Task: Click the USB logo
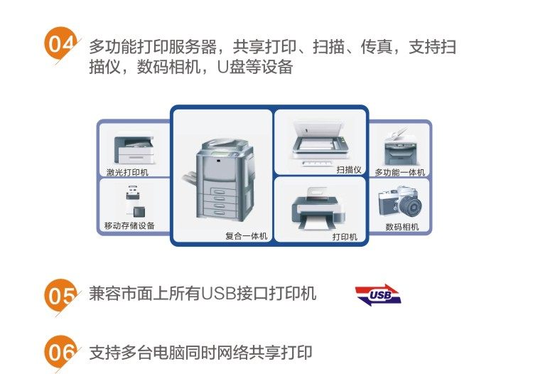click(x=379, y=294)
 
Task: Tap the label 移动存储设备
click(x=129, y=226)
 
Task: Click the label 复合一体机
click(x=246, y=235)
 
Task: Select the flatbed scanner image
click(x=320, y=141)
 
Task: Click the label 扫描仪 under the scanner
click(x=349, y=170)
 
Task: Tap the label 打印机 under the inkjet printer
click(x=345, y=236)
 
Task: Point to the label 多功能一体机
click(x=399, y=172)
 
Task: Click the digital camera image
click(x=399, y=202)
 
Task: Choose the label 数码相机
click(x=402, y=227)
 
